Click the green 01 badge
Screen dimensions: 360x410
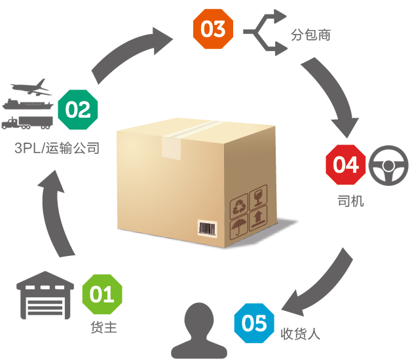[102, 295]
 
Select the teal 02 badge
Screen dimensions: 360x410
[78, 109]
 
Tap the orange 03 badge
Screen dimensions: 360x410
[213, 29]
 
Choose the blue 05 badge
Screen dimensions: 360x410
[254, 323]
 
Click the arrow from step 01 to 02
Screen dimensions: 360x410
[55, 216]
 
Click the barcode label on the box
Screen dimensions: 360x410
[208, 228]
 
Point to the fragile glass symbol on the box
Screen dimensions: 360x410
[259, 197]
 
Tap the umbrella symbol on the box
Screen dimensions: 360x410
[239, 228]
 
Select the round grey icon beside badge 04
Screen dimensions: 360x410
[389, 164]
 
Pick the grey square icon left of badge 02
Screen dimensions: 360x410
[28, 103]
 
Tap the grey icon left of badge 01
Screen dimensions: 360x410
[46, 295]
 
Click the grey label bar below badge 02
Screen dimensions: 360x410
[56, 147]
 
